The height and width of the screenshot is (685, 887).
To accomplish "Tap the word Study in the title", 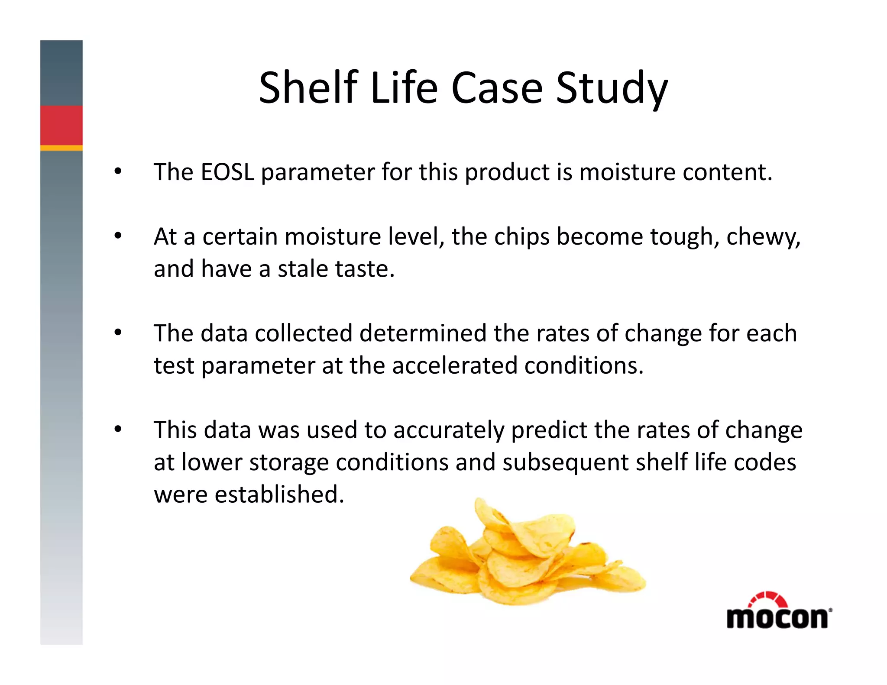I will (612, 89).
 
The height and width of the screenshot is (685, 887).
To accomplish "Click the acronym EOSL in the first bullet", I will (227, 172).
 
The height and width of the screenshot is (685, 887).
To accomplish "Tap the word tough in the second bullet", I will (684, 237).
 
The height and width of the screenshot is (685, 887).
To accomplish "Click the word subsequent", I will (566, 462).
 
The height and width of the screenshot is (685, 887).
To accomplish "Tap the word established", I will (279, 494).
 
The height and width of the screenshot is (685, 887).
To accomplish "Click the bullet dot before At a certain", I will (118, 236).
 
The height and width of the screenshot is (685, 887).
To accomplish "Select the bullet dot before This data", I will (118, 430).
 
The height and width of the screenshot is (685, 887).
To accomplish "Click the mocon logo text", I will (777, 618).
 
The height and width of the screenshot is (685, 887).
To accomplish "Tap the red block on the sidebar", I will (62, 125).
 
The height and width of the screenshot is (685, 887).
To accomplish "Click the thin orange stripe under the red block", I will (62, 148).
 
